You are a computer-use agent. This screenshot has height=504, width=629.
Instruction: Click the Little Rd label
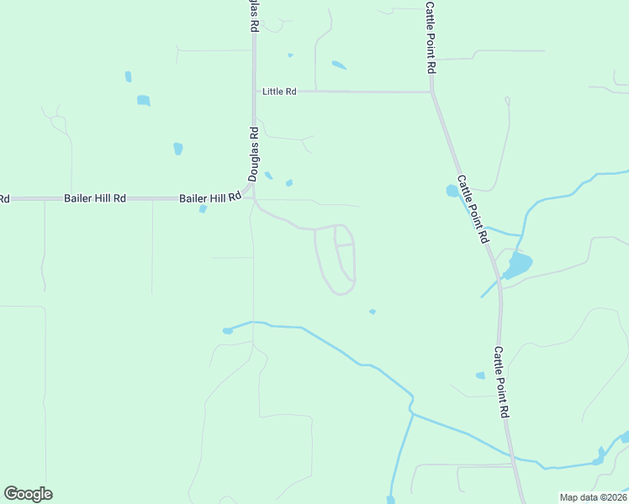point(279,92)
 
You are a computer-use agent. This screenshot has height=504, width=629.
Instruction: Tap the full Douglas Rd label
point(253,154)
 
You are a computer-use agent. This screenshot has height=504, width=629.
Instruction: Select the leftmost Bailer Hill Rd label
point(95,198)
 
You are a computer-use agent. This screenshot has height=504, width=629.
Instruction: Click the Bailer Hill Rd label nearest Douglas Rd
point(210,198)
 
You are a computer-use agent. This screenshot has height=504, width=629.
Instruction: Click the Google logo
point(28,494)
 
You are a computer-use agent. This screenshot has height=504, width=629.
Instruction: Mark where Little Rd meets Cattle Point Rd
point(431,92)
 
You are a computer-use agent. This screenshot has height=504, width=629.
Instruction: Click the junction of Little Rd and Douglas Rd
point(253,92)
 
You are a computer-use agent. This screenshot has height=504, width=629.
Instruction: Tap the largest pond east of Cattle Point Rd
point(518,265)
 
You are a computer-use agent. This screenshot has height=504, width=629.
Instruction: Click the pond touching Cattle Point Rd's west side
point(452,191)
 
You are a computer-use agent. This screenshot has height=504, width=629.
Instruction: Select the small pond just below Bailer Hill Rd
point(203,209)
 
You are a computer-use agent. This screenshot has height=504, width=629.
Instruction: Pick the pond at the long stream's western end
point(227,331)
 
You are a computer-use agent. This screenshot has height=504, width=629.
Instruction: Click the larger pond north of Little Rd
point(339,65)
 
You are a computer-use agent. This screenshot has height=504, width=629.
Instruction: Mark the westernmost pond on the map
point(128,76)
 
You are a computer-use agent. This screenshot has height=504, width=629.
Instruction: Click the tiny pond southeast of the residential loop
point(373,312)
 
